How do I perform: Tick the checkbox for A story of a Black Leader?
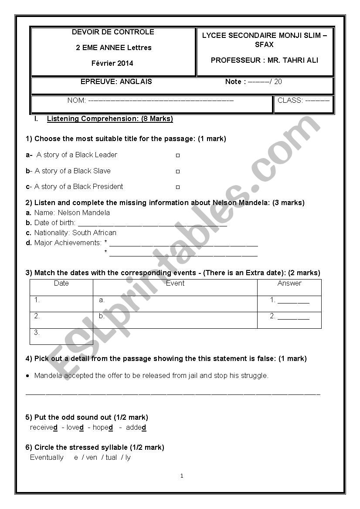pos(178,155)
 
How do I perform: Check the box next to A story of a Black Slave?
pos(178,172)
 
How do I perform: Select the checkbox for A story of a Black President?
pos(178,187)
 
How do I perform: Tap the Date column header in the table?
pos(61,283)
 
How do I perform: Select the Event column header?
pos(175,283)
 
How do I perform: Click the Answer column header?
pos(289,283)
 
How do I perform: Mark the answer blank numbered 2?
pos(293,317)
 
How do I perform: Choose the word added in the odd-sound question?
pos(136,428)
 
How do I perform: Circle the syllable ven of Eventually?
pos(92,458)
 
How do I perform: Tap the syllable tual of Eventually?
pos(111,458)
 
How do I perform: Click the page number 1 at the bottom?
pos(182,476)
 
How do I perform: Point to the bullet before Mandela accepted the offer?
pos(28,375)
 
